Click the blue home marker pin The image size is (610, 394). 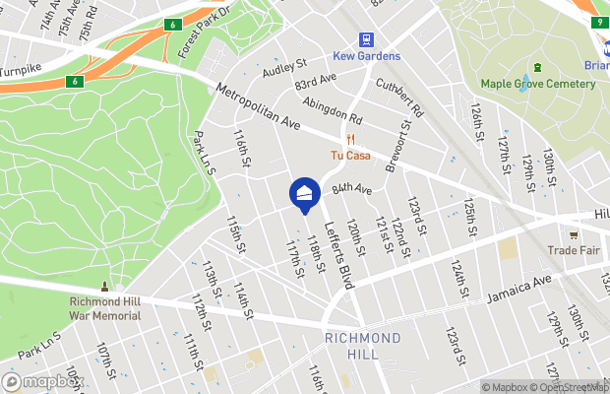(x=305, y=195)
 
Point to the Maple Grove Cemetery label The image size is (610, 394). (x=537, y=84)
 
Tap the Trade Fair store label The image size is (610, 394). (x=575, y=250)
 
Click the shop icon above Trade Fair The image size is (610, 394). (x=575, y=234)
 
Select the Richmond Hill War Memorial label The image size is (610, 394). (x=105, y=309)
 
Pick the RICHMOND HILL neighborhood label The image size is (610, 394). (x=363, y=347)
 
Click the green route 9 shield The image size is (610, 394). (x=598, y=22)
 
